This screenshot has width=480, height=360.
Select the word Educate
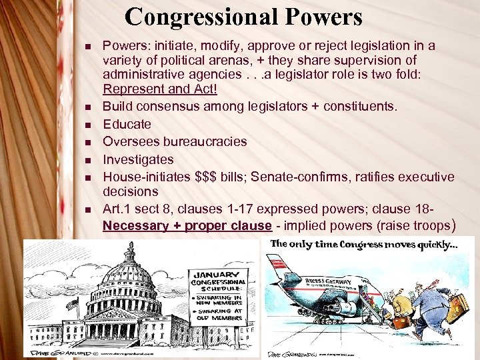127,124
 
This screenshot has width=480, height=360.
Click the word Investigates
138,159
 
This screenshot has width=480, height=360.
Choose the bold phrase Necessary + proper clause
187,225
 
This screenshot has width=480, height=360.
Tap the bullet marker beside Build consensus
87,107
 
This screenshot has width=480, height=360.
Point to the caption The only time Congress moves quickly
363,244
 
